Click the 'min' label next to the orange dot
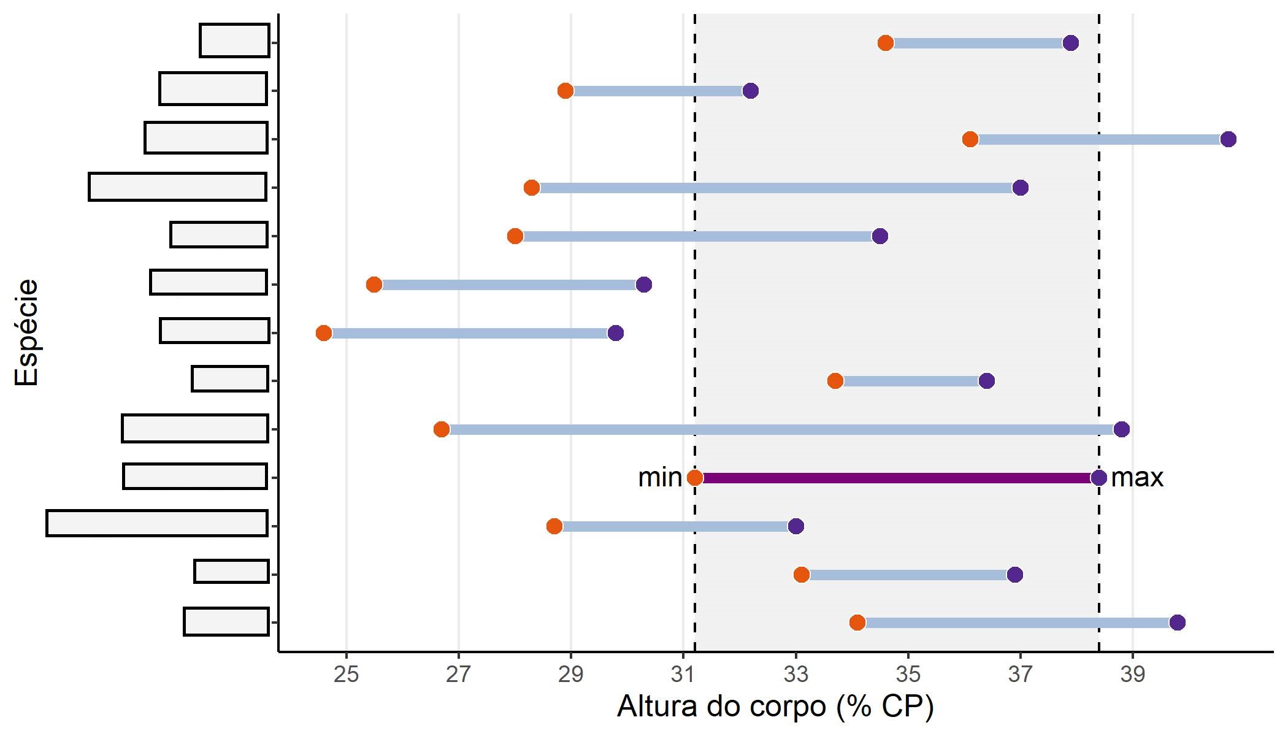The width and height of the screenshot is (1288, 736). (x=659, y=478)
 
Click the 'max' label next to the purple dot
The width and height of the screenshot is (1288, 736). (x=1137, y=478)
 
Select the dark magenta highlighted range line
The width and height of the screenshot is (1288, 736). (x=895, y=478)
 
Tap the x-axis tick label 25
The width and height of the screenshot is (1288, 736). (x=347, y=675)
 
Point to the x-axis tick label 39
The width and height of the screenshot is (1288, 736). (x=1132, y=675)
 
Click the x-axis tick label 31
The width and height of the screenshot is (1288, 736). (x=683, y=675)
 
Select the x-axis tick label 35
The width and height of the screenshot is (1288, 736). (x=908, y=675)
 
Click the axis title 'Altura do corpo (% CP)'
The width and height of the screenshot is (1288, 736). (x=775, y=707)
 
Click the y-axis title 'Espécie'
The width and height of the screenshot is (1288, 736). (x=27, y=333)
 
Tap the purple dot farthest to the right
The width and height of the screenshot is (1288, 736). (x=1228, y=139)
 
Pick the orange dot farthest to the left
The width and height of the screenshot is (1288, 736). (x=324, y=333)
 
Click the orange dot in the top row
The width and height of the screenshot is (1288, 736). (x=886, y=43)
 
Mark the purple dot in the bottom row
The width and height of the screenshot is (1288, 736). (x=1177, y=623)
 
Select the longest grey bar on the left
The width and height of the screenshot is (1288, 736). (x=157, y=523)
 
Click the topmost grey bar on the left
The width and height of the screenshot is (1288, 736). (x=235, y=40)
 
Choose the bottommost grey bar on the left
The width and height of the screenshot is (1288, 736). (x=226, y=621)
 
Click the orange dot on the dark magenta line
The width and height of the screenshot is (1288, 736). (x=695, y=478)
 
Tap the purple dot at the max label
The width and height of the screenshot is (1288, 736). (x=1098, y=478)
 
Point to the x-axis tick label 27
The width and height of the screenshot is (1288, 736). (x=459, y=675)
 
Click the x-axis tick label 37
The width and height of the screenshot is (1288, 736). (x=1020, y=675)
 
